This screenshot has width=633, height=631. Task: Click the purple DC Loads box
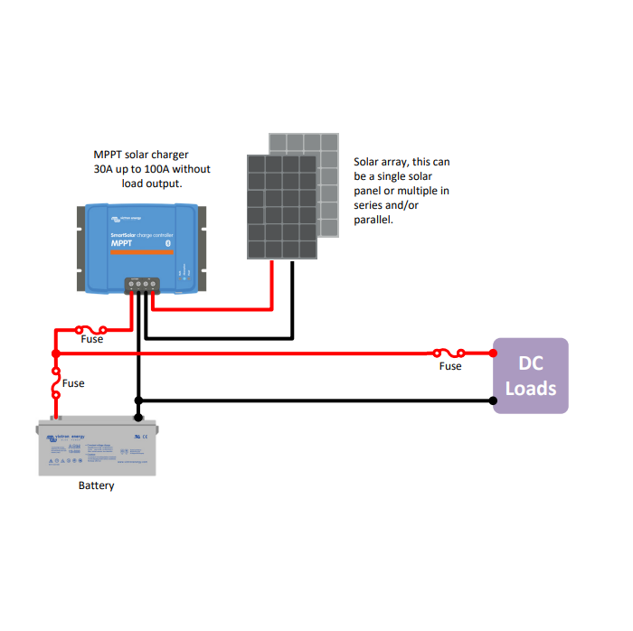pyautogui.click(x=530, y=375)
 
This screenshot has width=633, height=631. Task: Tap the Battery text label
pyautogui.click(x=96, y=485)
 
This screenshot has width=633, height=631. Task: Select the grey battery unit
pyautogui.click(x=96, y=448)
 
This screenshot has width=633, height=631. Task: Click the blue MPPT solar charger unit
pyautogui.click(x=140, y=247)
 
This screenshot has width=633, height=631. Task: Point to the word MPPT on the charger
pyautogui.click(x=122, y=243)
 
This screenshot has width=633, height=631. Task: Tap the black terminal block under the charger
pyautogui.click(x=142, y=284)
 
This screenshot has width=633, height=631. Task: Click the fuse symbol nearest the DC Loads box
pyautogui.click(x=449, y=353)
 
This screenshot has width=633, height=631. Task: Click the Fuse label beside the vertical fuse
pyautogui.click(x=73, y=383)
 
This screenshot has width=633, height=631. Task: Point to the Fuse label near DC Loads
pyautogui.click(x=450, y=366)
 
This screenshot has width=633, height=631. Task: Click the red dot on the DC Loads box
pyautogui.click(x=494, y=353)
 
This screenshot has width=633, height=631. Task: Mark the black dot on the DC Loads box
pyautogui.click(x=494, y=400)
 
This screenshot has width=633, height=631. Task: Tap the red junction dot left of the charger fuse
pyautogui.click(x=56, y=353)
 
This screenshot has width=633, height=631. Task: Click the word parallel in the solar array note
pyautogui.click(x=373, y=220)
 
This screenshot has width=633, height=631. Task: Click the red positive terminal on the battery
pyautogui.click(x=56, y=418)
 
